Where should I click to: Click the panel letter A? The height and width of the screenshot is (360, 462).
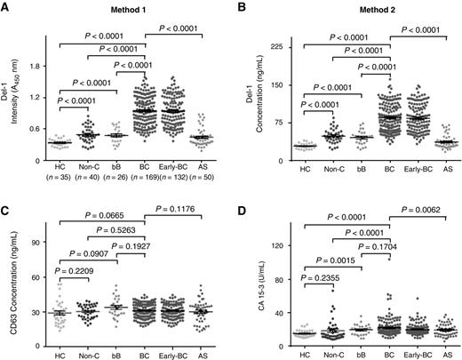(6, 6)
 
